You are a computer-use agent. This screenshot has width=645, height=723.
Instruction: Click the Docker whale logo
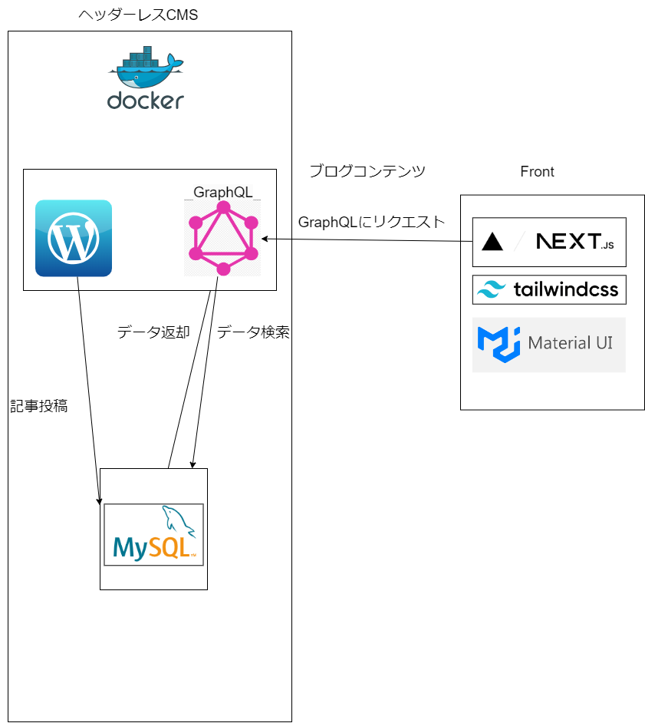pyautogui.click(x=145, y=68)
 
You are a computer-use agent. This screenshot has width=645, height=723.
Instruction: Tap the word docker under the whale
pyautogui.click(x=146, y=101)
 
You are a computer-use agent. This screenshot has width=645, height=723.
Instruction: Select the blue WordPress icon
pyautogui.click(x=74, y=238)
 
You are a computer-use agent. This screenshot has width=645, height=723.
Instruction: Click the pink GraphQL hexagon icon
pyautogui.click(x=222, y=238)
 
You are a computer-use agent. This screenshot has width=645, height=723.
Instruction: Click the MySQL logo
pyautogui.click(x=153, y=535)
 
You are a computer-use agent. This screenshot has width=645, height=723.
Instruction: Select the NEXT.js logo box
pyautogui.click(x=549, y=243)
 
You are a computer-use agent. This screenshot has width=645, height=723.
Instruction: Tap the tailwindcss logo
pyautogui.click(x=549, y=290)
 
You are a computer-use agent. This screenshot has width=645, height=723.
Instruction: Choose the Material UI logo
pyautogui.click(x=549, y=345)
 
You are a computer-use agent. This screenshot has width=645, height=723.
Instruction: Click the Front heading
pyautogui.click(x=537, y=172)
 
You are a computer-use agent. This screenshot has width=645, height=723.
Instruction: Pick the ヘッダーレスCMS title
pyautogui.click(x=138, y=15)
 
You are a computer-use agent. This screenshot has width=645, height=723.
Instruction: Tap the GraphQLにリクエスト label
pyautogui.click(x=371, y=222)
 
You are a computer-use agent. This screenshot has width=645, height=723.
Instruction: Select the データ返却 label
pyautogui.click(x=153, y=332)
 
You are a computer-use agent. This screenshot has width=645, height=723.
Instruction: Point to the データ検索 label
pyautogui.click(x=253, y=332)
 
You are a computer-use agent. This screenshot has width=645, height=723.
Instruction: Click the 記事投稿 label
pyautogui.click(x=39, y=406)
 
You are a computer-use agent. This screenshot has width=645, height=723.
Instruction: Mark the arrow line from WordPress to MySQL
pyautogui.click(x=88, y=384)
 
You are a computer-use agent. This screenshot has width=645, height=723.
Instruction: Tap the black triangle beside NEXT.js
pyautogui.click(x=492, y=243)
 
